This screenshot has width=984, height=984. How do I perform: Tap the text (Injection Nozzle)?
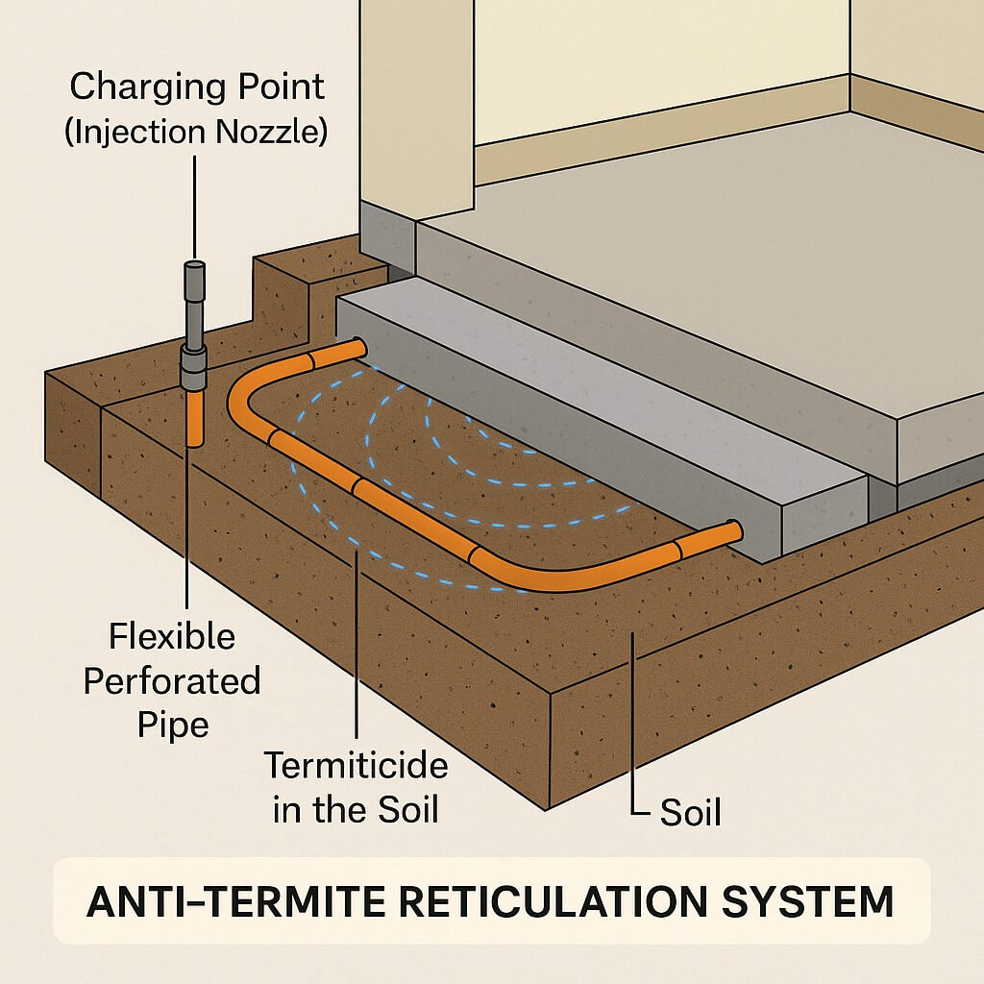click(196, 131)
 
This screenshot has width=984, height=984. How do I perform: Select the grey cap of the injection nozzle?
click(194, 271)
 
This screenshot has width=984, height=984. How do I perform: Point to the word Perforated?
click(171, 681)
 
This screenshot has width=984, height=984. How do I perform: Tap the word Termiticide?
click(356, 767)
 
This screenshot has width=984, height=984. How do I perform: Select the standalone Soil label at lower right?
click(690, 813)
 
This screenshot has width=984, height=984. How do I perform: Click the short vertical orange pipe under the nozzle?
click(194, 418)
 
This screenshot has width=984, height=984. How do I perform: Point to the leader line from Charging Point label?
click(194, 207)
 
